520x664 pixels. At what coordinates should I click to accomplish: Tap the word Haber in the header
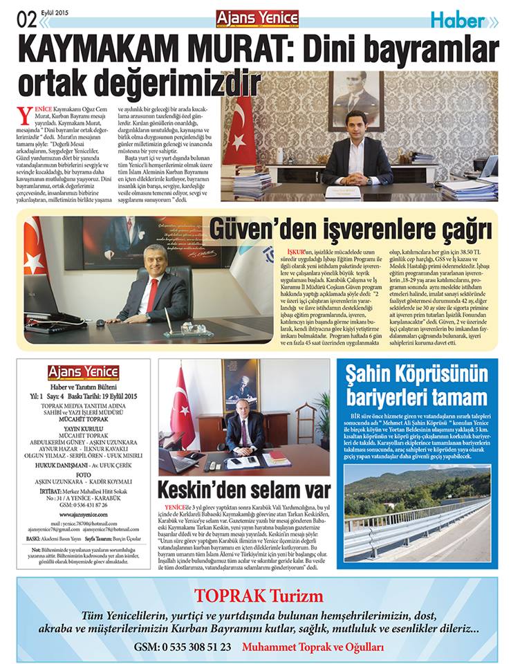tap(458, 20)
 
